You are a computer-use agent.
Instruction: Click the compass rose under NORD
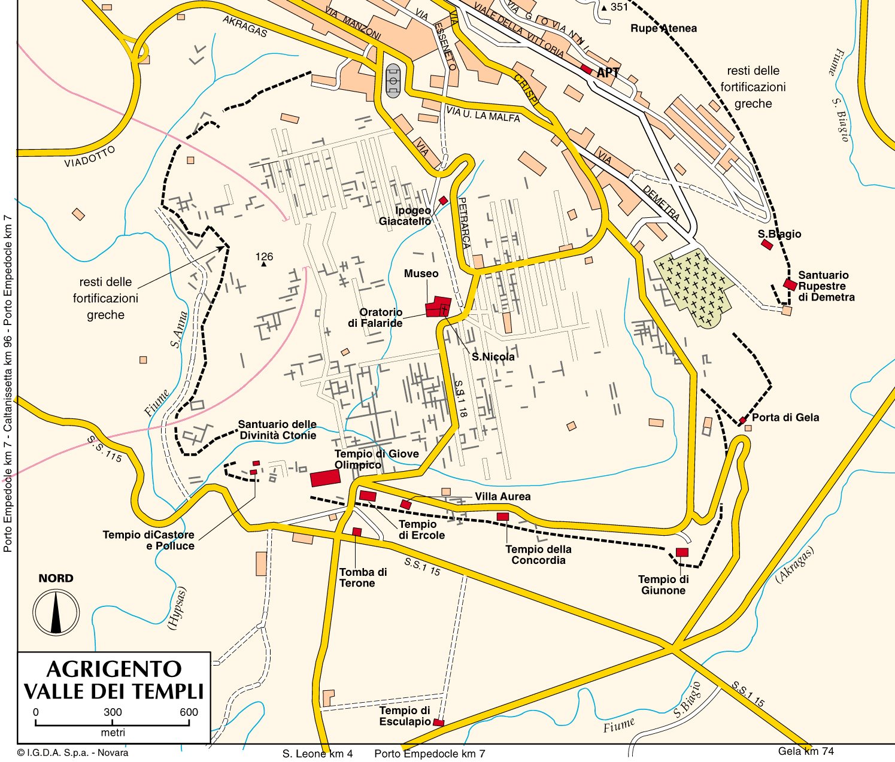56,612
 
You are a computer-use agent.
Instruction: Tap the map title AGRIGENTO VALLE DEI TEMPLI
114,680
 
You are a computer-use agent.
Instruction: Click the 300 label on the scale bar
113,712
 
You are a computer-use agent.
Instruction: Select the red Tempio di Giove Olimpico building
325,478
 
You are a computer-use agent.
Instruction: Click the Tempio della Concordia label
538,555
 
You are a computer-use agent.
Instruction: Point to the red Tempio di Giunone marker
682,552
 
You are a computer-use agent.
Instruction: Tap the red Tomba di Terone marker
357,532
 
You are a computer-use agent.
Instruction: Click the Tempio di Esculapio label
405,716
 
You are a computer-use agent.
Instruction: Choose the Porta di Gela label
785,417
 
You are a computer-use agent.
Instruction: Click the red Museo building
438,306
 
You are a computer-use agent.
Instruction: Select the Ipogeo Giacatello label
405,216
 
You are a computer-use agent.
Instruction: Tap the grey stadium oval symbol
393,80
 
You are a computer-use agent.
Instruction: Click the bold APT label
608,73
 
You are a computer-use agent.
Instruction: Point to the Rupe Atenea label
663,28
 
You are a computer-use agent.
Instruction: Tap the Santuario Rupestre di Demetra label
826,286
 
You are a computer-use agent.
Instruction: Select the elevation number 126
264,257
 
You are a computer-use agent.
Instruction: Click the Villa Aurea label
502,497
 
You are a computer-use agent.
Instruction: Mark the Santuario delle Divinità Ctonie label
278,430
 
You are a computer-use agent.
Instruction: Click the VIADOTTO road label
90,157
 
